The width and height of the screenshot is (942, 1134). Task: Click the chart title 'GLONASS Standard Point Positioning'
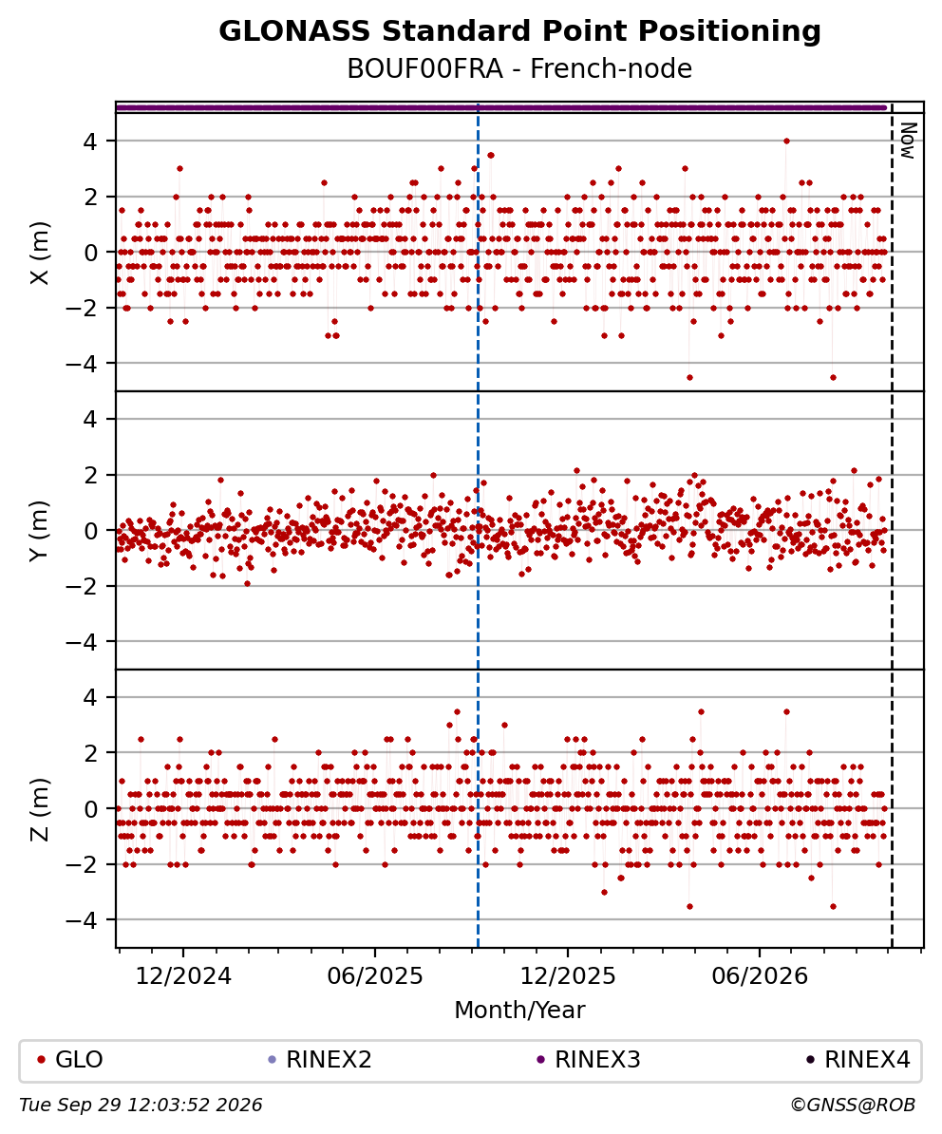point(519,32)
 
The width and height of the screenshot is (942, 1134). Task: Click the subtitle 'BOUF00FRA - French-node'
point(519,68)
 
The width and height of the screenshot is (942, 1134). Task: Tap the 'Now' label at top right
point(908,141)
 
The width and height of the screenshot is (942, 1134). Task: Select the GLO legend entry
point(70,1060)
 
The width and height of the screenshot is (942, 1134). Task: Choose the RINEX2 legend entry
point(320,1060)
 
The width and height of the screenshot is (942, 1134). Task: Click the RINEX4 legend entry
point(858,1060)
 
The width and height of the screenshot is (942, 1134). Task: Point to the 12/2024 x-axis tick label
point(183,976)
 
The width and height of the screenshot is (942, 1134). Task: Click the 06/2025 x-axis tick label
point(375,976)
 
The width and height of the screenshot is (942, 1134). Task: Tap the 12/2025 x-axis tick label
point(568,976)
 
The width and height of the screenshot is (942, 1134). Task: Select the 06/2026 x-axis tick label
point(760,976)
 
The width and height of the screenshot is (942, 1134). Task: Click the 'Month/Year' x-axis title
point(519,1010)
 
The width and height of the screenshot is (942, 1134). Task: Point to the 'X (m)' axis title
point(41,253)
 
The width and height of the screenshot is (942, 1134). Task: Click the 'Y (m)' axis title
point(41,530)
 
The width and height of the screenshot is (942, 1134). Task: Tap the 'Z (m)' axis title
point(41,808)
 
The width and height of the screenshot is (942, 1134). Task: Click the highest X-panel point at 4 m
point(786,141)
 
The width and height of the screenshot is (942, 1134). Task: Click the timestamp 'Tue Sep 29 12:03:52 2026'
point(141,1106)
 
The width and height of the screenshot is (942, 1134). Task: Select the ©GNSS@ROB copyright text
point(853,1106)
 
